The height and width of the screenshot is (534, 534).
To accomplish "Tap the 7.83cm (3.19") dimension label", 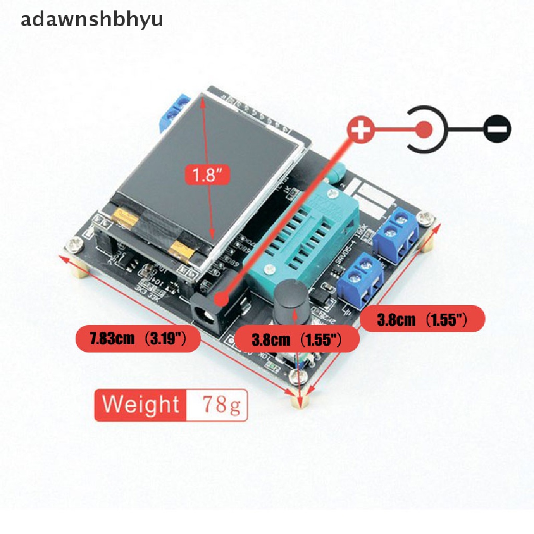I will [x=138, y=341].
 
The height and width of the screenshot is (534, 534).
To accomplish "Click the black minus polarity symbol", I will [x=497, y=129].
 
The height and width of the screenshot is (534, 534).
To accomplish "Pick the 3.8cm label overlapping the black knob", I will [x=296, y=341].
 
